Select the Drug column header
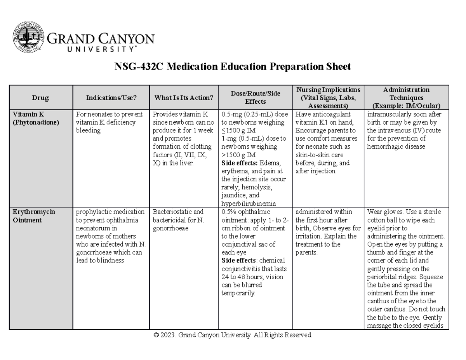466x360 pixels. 41,98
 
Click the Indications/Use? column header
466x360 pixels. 111,98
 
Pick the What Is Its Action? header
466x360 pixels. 184,98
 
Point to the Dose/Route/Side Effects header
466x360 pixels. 255,97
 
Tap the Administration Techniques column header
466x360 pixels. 406,97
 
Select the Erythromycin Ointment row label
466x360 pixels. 34,216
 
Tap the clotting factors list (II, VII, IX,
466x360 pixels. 180,155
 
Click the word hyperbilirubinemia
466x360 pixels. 249,203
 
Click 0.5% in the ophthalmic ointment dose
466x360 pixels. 228,212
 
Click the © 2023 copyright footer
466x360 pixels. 233,335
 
